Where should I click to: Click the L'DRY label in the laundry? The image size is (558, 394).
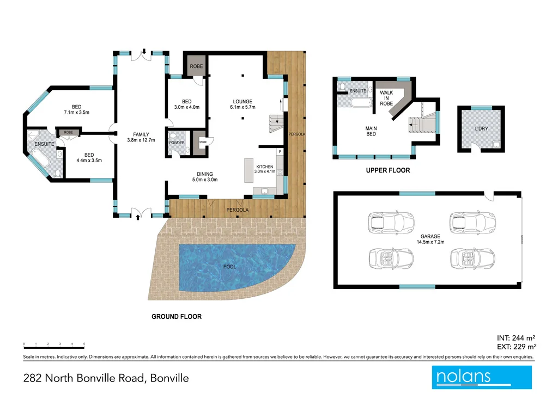(481, 129)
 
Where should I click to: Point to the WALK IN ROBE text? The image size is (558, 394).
(386, 98)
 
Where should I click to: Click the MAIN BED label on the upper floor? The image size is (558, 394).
(371, 132)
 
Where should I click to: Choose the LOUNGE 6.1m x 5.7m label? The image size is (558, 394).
(242, 104)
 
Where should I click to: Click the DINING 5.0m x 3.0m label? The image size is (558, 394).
(204, 177)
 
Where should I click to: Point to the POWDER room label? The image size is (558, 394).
(177, 143)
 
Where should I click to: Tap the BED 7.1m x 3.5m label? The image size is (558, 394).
(76, 109)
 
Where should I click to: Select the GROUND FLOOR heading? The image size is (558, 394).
(176, 317)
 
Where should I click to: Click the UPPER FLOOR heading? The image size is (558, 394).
(387, 170)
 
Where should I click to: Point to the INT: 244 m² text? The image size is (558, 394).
(517, 337)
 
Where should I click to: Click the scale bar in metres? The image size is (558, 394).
(53, 346)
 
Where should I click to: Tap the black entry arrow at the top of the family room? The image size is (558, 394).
(143, 52)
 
